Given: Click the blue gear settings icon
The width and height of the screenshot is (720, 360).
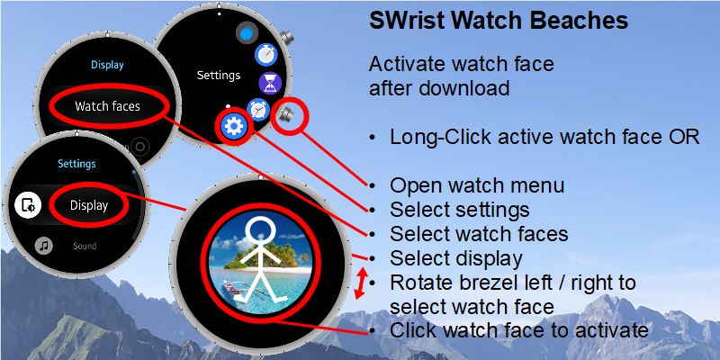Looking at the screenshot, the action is [x=234, y=125].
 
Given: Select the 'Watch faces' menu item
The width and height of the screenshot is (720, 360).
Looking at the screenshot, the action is [x=107, y=106].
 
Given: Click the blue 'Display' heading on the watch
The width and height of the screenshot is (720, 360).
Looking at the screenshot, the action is [x=107, y=65].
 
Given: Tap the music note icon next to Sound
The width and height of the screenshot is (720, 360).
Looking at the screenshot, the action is [x=44, y=246].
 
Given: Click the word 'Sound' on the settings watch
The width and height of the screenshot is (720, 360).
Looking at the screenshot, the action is [x=85, y=246].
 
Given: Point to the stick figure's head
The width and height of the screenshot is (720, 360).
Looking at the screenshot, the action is [x=260, y=230].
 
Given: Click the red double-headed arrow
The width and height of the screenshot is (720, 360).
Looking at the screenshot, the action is [x=362, y=283].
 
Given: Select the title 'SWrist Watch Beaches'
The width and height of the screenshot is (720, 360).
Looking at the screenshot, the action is [x=499, y=21].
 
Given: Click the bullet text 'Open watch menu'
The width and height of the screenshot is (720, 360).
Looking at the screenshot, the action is [x=477, y=185].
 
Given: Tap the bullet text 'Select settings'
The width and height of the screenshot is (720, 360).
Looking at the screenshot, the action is [x=460, y=210].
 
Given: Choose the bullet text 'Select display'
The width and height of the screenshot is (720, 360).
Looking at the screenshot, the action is [x=456, y=258].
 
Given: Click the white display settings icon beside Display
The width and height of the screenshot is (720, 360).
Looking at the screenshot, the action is [x=28, y=205].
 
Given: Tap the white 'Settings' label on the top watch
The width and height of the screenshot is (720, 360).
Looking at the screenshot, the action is [x=219, y=75].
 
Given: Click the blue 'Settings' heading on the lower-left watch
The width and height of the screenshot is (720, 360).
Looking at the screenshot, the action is [x=76, y=164].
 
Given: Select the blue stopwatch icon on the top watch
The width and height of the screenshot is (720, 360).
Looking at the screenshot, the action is [x=265, y=55].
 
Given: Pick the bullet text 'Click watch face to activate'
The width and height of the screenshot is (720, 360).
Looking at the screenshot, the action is [x=519, y=330].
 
